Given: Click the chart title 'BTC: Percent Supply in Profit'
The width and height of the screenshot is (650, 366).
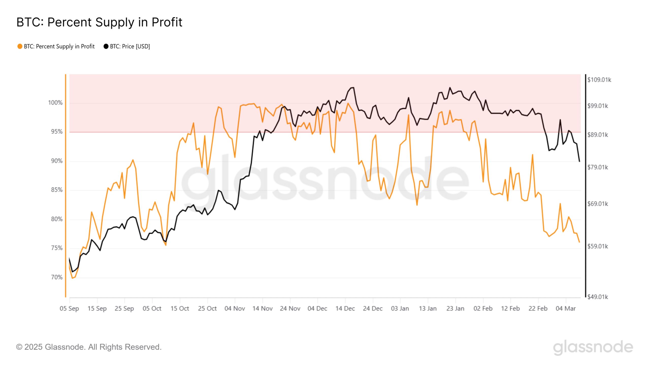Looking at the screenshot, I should click(x=99, y=22).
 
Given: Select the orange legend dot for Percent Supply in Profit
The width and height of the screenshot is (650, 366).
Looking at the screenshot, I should click(x=20, y=46).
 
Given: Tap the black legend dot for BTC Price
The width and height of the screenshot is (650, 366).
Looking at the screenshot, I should click(x=106, y=46).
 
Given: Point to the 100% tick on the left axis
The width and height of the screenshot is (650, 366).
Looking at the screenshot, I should click(x=55, y=103).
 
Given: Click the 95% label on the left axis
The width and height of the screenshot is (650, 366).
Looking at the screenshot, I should click(x=57, y=132).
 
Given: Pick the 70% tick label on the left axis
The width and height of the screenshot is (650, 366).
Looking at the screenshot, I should click(x=57, y=277).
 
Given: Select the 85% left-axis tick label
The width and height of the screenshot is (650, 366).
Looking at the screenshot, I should click(x=57, y=190).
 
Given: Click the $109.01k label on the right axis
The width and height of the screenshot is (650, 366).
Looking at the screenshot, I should click(x=599, y=80).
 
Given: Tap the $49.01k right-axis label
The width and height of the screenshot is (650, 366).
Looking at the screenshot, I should click(x=597, y=297).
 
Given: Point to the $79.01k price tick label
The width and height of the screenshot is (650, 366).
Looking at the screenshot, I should click(x=597, y=167).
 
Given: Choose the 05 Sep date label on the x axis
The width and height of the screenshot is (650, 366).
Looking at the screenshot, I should click(x=69, y=309).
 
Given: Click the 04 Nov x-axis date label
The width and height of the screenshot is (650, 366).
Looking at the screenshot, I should click(x=235, y=309).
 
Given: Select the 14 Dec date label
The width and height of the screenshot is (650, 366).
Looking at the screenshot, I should click(x=345, y=309).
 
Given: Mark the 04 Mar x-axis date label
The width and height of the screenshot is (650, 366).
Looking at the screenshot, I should click(x=566, y=309).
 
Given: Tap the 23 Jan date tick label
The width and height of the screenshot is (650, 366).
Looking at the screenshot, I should click(x=455, y=309).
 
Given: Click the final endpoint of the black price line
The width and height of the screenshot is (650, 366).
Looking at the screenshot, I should click(x=579, y=161).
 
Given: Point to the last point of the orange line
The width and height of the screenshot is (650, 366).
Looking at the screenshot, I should click(x=579, y=242).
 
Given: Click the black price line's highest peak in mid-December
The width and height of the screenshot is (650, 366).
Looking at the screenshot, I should click(x=353, y=88).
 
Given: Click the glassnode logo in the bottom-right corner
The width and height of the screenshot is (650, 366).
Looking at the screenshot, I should click(x=593, y=347).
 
